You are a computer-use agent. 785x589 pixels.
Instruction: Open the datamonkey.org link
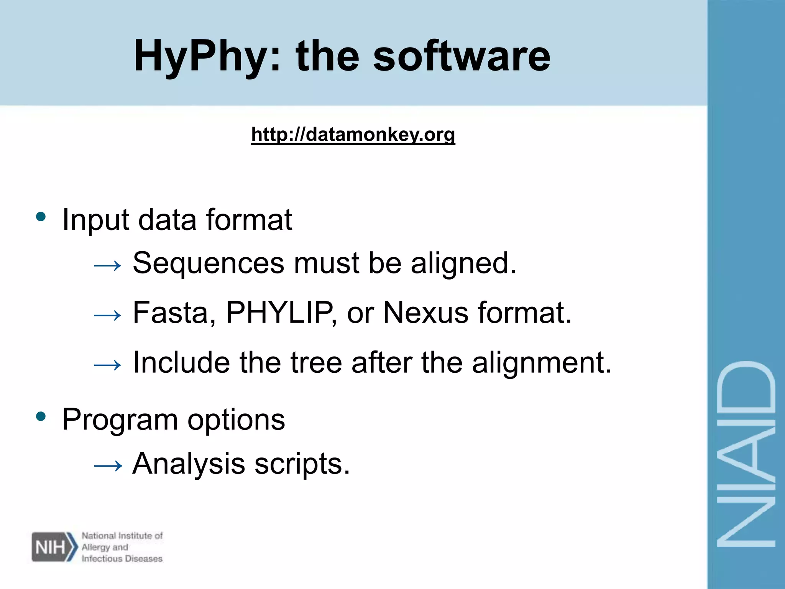point(353,135)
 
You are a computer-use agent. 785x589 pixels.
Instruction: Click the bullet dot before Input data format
point(41,217)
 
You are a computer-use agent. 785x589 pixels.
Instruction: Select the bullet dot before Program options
point(41,416)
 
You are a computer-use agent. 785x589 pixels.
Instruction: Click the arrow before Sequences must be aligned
point(108,265)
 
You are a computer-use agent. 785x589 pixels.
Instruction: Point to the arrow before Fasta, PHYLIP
point(108,315)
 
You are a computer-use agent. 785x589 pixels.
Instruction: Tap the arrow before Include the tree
point(108,365)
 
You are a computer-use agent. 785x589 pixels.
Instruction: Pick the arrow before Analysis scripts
point(108,466)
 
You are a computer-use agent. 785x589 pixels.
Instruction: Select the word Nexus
point(425,313)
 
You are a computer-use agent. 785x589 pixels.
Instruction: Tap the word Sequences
point(209,263)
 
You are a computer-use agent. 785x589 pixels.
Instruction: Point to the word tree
point(316,362)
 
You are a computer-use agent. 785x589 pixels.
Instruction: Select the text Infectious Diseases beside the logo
point(122,559)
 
